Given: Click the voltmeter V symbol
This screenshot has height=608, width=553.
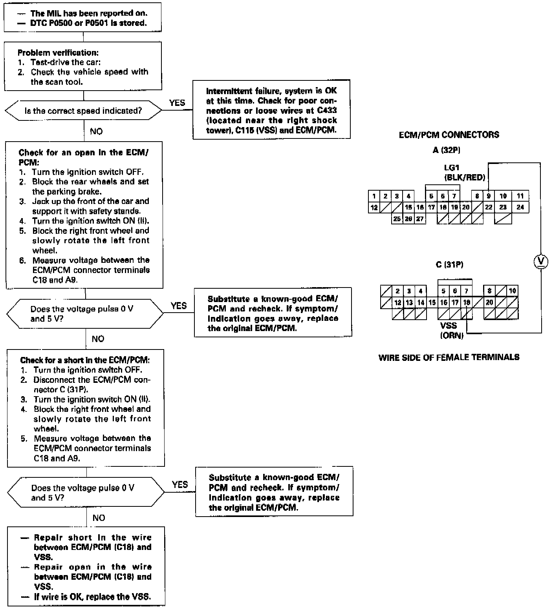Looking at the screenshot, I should (541, 261).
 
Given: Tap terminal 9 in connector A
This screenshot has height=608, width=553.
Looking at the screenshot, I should (489, 196).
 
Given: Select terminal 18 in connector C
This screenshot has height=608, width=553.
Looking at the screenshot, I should (466, 302).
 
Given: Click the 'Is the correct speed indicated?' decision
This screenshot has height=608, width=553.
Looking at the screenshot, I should (83, 111).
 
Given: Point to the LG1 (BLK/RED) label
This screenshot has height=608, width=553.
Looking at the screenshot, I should (464, 173).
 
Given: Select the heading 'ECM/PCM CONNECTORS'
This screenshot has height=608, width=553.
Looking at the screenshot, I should (449, 135).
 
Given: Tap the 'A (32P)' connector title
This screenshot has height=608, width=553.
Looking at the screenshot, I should (446, 150).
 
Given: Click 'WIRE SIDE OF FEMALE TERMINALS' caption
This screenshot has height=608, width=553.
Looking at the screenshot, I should (449, 357).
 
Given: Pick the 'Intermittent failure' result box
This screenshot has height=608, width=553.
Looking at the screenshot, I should (271, 110).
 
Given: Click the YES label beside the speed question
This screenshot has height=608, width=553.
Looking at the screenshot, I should (177, 103).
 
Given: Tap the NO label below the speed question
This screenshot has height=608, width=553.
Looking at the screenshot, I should (96, 131).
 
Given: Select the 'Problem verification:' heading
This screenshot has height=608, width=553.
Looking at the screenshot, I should (58, 53).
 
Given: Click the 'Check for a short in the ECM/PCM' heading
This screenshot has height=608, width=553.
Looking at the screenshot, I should (85, 360).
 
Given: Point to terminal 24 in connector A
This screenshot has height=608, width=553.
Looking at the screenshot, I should (520, 207).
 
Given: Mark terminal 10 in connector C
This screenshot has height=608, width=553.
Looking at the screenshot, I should (512, 291).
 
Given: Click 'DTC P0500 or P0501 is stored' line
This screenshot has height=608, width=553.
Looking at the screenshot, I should (88, 23).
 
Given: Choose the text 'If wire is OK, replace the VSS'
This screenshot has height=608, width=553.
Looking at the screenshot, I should (92, 597).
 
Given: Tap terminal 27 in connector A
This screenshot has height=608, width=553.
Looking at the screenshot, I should (420, 219).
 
